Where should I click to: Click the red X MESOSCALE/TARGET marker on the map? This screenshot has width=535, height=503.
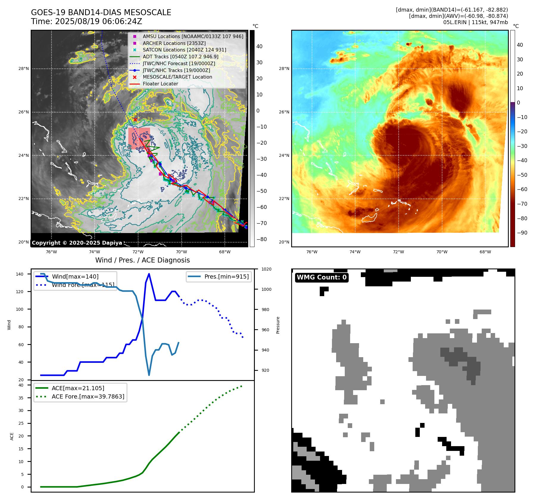coord(135,120)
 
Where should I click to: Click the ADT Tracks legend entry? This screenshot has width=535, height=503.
coord(180,57)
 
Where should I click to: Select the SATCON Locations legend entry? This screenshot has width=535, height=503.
coord(184,50)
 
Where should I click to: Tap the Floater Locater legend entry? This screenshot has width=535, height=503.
coord(160,84)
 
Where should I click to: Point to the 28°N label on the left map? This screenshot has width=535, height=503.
coord(24,68)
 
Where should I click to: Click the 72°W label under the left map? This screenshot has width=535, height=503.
coord(138,252)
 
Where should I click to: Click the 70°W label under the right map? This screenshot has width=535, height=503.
coord(442,252)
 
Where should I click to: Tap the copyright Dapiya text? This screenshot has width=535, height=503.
coord(77,243)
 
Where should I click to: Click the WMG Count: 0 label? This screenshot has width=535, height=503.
coord(322,277)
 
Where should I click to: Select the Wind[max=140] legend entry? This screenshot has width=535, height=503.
coord(75,277)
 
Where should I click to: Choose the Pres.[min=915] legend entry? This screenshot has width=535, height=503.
coord(226,277)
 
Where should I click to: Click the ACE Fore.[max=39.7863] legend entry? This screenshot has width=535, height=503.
coord(88,396)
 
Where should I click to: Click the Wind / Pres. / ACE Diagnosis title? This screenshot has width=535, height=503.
coord(142,260)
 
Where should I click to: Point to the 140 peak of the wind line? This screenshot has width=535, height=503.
coord(149,274)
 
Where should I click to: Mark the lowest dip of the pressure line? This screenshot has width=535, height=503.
coord(149,375)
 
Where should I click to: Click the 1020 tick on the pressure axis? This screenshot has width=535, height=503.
coord(266,269)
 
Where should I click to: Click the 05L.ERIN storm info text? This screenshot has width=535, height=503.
coord(475,22)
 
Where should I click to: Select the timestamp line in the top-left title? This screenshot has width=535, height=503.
coord(86,21)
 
